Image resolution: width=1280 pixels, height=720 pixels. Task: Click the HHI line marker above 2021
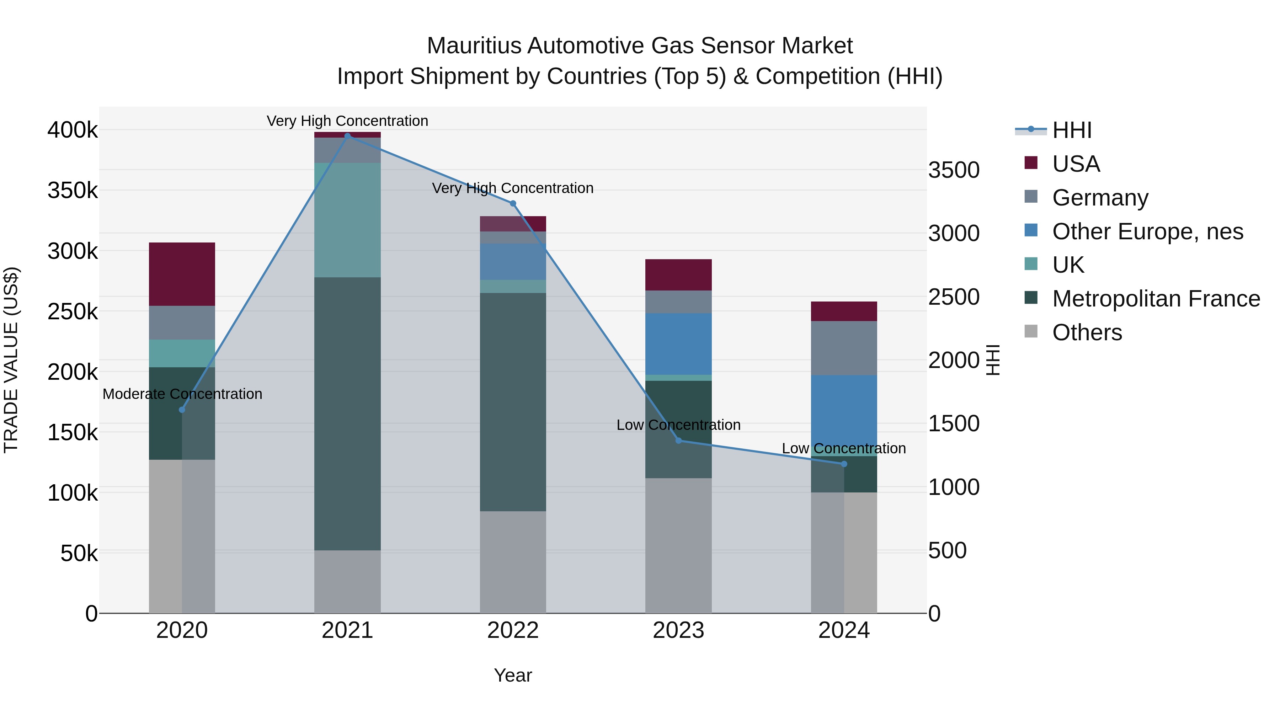click(x=347, y=136)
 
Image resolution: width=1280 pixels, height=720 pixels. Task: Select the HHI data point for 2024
click(x=844, y=464)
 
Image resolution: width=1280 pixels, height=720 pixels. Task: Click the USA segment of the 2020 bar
click(x=182, y=274)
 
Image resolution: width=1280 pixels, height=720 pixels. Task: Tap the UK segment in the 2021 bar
click(x=347, y=220)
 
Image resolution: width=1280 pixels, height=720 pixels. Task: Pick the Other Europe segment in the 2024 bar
click(x=844, y=415)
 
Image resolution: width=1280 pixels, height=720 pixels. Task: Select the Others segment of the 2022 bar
click(x=513, y=561)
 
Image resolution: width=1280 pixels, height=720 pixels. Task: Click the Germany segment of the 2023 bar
click(x=678, y=302)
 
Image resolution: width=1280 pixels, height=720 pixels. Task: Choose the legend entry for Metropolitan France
click(x=1156, y=299)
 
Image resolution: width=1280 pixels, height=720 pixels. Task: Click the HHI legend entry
click(x=1072, y=130)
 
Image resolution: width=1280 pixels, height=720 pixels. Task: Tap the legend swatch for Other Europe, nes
click(x=1031, y=230)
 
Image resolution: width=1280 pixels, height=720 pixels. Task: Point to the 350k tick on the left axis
click(x=73, y=190)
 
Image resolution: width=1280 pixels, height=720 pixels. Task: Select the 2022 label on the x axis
click(x=513, y=630)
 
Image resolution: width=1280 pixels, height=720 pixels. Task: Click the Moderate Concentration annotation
click(x=182, y=394)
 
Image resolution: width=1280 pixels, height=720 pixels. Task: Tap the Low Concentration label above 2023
click(x=678, y=425)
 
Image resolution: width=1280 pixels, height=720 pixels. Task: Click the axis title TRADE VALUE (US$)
click(x=11, y=360)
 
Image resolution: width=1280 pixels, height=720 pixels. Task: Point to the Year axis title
click(x=513, y=675)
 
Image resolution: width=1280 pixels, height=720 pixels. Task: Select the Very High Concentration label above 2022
click(x=513, y=188)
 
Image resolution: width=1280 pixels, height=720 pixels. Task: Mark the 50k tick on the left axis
click(x=79, y=553)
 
